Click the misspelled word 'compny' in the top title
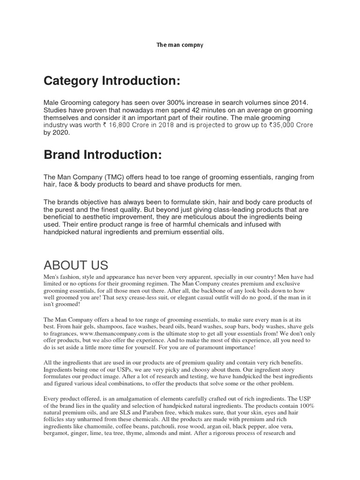[194, 45]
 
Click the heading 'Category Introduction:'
[112, 81]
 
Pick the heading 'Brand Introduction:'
[103, 155]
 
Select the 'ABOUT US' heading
[76, 265]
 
